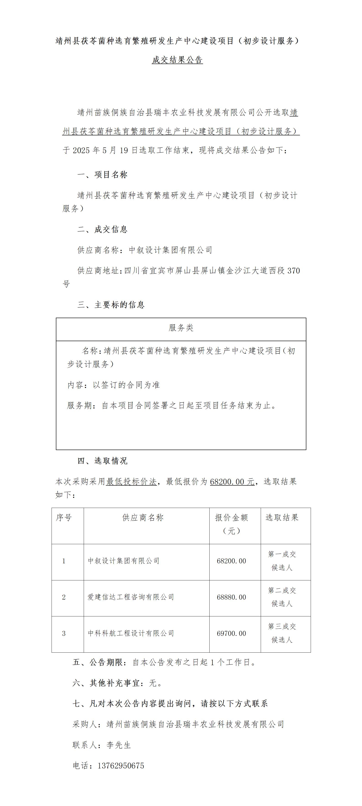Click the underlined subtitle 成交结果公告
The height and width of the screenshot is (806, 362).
pos(177,60)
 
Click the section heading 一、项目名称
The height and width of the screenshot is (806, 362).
pos(102,175)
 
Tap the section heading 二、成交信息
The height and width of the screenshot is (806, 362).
pos(102,229)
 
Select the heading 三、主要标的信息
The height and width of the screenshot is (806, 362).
pos(111,304)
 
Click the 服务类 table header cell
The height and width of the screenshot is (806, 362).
pos(181,328)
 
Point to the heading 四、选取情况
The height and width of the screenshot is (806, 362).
pos(102,461)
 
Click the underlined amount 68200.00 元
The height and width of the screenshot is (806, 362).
pos(232,482)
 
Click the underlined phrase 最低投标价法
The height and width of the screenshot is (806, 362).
pos(131,482)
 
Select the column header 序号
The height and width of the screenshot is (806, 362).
pos(64,518)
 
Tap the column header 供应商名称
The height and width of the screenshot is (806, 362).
pos(143,518)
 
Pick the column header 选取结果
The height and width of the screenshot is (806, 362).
pos(282,518)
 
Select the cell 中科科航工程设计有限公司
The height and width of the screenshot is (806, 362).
pos(131,633)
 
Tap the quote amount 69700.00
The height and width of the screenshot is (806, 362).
pos(232,633)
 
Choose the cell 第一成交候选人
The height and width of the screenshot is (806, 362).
pos(282,561)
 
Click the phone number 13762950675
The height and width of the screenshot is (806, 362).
pos(121,766)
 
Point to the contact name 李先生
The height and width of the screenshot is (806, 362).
pos(119,745)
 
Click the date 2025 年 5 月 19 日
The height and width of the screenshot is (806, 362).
pos(105,150)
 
